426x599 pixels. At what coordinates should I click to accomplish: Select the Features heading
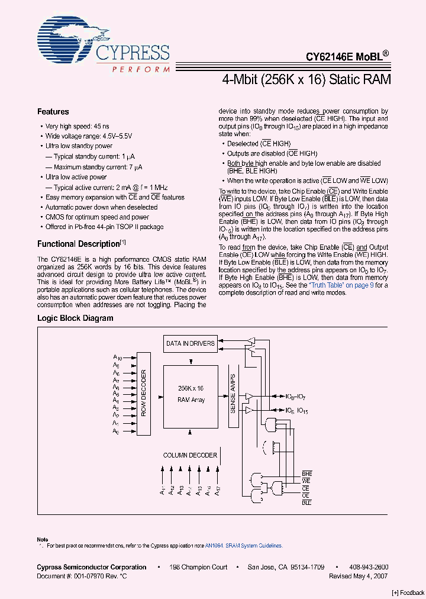[x=53, y=112]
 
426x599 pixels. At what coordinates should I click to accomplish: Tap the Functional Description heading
[x=78, y=244]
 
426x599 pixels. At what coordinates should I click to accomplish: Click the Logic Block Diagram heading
[x=75, y=318]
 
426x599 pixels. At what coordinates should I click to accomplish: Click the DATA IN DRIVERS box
[x=189, y=343]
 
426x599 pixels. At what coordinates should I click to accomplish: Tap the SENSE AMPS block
[x=233, y=394]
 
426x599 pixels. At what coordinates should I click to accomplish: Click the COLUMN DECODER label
[x=190, y=455]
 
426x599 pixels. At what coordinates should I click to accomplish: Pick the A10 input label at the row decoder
[x=117, y=358]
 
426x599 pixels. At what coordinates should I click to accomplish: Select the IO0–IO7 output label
[x=295, y=397]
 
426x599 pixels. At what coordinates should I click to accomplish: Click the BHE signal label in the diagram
[x=306, y=475]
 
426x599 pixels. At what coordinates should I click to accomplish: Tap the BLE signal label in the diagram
[x=306, y=502]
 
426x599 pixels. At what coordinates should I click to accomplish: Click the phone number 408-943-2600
[x=369, y=567]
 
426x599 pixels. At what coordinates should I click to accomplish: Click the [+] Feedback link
[x=408, y=593]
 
